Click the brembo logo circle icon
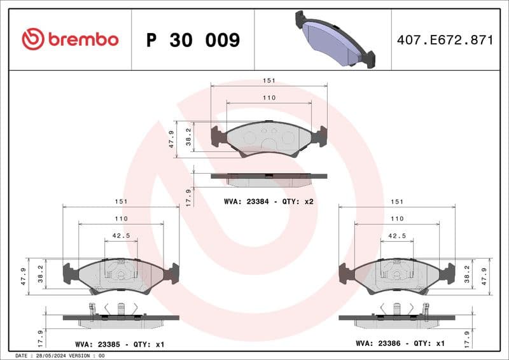[x=33, y=39]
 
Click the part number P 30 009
[x=193, y=40]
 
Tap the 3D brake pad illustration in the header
[x=335, y=39]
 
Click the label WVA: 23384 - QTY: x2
[x=268, y=201]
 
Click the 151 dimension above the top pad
[x=269, y=81]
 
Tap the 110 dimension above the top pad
[x=269, y=98]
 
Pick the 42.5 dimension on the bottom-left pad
[x=121, y=235]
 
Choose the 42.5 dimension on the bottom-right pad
[x=397, y=235]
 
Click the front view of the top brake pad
[x=268, y=137]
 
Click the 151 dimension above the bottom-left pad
[x=121, y=201]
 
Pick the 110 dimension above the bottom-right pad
[x=397, y=218]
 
